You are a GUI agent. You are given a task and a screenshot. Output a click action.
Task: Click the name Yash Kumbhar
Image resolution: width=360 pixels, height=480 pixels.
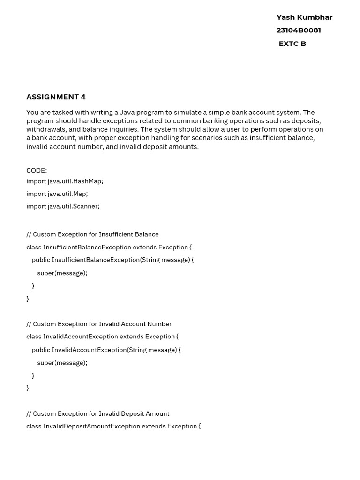(x=304, y=17)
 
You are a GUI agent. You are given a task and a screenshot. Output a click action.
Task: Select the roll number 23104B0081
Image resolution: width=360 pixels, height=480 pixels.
(x=299, y=30)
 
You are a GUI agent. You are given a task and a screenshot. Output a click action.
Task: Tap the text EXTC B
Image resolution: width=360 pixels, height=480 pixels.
(x=292, y=44)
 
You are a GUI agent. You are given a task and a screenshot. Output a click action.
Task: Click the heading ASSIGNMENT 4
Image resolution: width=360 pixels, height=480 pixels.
(x=56, y=97)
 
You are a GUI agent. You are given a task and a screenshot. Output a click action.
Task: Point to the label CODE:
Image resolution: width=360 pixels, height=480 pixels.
(x=37, y=171)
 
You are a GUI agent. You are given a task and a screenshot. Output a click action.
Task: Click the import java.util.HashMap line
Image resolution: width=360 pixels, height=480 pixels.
(x=65, y=181)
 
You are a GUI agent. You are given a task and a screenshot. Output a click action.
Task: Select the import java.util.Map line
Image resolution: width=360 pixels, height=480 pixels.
(x=57, y=194)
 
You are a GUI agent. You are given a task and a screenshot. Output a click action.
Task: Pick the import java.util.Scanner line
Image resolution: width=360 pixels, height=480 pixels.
(x=63, y=206)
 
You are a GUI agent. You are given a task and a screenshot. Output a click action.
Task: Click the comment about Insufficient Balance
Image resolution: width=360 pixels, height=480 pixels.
(x=92, y=234)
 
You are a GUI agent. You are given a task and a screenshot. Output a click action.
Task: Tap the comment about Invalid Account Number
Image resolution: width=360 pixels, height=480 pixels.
(x=99, y=324)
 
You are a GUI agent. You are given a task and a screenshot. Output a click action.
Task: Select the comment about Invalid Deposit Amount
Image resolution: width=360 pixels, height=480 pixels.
(x=98, y=413)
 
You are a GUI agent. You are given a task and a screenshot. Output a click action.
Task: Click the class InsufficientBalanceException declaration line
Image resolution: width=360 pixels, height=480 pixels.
(x=109, y=247)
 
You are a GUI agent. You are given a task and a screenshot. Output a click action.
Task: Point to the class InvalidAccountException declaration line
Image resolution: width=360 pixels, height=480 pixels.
(x=102, y=337)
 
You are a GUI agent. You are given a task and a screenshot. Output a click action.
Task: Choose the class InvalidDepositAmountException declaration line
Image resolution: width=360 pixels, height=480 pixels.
(x=113, y=426)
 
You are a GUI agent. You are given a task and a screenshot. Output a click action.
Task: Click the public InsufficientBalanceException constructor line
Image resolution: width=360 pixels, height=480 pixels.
(x=112, y=260)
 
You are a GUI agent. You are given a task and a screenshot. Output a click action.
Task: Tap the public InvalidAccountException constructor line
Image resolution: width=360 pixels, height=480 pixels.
(x=106, y=350)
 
